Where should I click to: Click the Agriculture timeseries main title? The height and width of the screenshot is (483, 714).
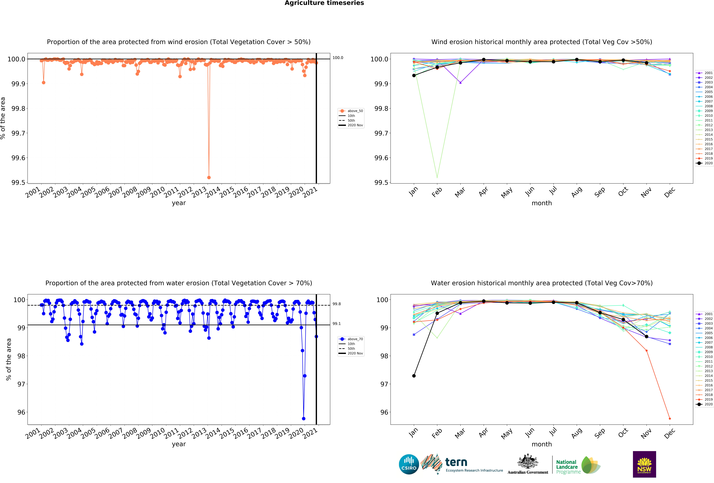pos(324,3)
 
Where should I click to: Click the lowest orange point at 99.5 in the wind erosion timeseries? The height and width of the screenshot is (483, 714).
pos(209,177)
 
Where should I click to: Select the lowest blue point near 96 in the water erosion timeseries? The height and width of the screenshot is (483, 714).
pos(304,418)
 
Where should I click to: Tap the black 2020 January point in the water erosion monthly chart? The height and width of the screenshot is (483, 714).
pos(414,376)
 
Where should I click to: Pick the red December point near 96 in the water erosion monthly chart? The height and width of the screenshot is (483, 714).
pos(670,418)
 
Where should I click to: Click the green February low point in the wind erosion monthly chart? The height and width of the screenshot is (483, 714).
pos(437,177)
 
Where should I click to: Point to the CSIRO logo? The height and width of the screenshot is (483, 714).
pos(409,464)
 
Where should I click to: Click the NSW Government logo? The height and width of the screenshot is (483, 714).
pos(644,464)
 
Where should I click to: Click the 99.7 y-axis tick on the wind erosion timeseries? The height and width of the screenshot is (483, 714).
pos(18,133)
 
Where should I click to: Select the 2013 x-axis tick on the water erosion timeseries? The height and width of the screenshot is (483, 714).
pos(199,433)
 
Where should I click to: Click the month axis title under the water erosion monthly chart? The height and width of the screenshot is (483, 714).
pos(542,444)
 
